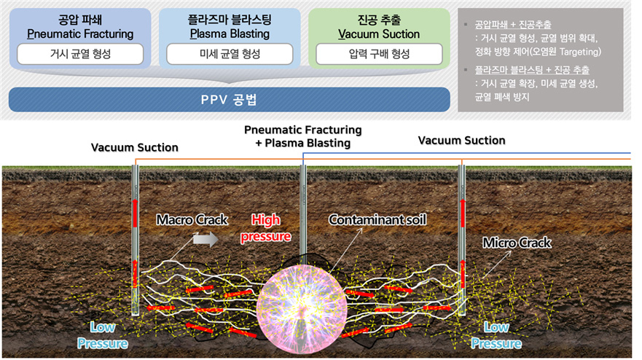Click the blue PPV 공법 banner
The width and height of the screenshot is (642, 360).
(x=230, y=100)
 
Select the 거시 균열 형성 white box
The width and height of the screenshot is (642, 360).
(x=80, y=54)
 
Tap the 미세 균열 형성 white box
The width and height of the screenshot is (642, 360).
(x=230, y=54)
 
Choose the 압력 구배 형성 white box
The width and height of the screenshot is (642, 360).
(x=379, y=54)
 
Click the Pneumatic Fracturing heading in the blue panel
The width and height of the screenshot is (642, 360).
(x=80, y=34)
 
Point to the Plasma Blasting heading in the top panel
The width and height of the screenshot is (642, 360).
(x=230, y=34)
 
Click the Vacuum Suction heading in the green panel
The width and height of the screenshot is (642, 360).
(x=379, y=34)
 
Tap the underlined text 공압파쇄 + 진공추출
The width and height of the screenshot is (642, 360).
(x=513, y=25)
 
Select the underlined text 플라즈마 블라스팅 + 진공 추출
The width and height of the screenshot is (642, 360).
(x=532, y=70)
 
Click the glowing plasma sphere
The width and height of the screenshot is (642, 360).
(x=302, y=308)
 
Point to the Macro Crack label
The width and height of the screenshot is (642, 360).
(x=192, y=220)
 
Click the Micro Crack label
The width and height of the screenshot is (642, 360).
(x=517, y=243)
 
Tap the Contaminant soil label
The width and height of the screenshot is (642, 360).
(x=377, y=220)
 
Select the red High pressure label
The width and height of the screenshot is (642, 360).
(x=266, y=228)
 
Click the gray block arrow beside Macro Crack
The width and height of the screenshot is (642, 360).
(x=205, y=239)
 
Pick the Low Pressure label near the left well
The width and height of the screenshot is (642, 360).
(x=102, y=335)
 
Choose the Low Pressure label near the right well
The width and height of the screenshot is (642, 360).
(x=496, y=335)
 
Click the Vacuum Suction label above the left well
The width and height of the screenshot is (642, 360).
(x=135, y=147)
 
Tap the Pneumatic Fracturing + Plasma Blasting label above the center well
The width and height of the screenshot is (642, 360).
(x=303, y=136)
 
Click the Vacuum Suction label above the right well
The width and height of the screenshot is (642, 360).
(x=462, y=141)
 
